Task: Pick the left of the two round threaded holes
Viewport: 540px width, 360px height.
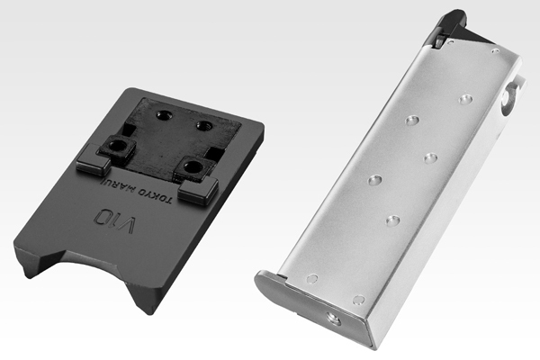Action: pos(163,115)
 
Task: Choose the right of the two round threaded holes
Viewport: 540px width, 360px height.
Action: pos(204,125)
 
